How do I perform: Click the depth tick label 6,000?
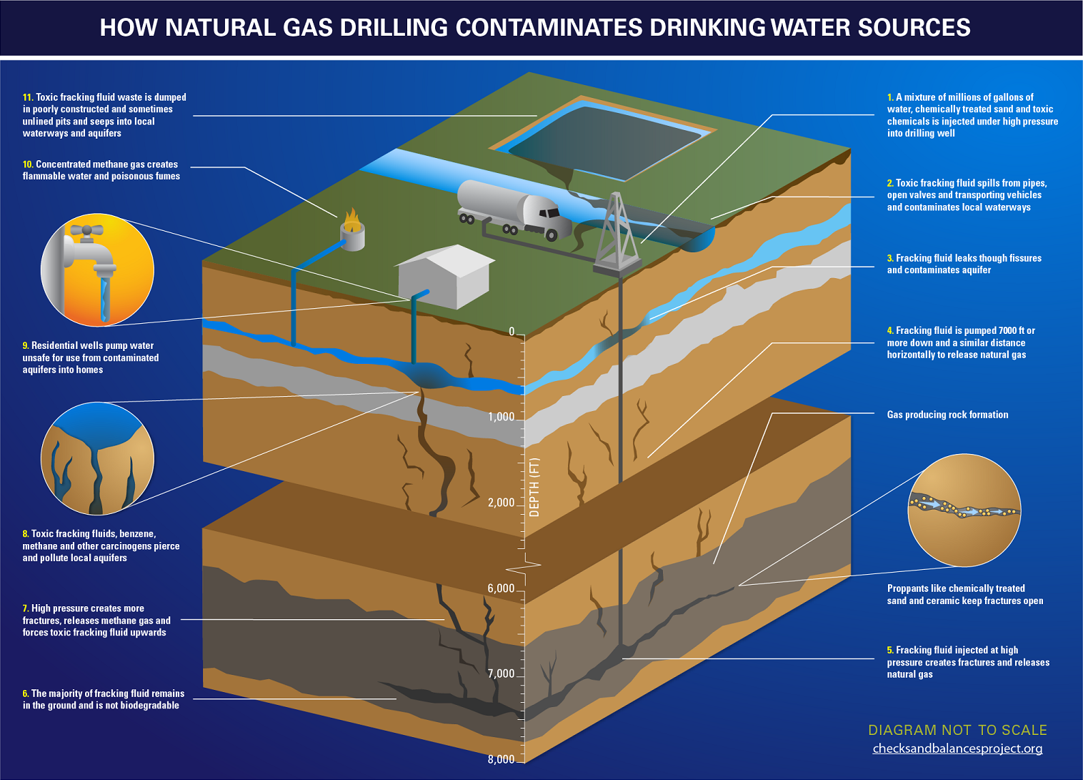(501, 588)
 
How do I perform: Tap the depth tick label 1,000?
(501, 417)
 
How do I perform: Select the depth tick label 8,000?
(501, 759)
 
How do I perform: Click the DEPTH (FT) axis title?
(534, 487)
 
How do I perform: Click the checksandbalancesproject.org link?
(957, 749)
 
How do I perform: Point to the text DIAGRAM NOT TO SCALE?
(957, 730)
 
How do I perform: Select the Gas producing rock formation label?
(947, 415)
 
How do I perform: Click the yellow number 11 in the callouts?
(27, 97)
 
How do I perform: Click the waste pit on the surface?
(604, 139)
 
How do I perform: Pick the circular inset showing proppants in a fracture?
(964, 510)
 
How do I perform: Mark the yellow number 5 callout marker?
(890, 651)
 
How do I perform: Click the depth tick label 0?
(511, 332)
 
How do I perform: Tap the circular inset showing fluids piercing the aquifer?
(97, 458)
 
